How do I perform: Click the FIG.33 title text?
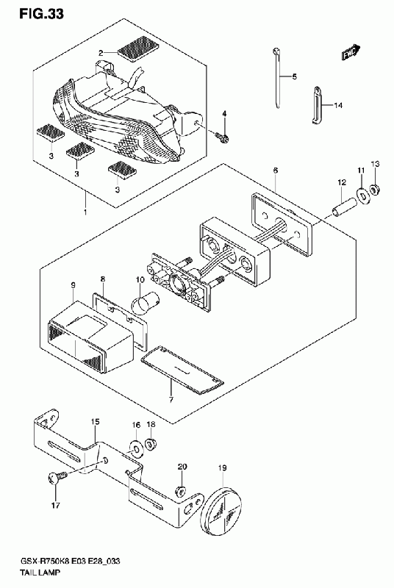click(41, 13)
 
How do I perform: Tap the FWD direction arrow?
click(351, 53)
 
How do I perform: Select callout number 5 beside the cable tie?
click(294, 76)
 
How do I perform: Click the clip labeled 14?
click(318, 104)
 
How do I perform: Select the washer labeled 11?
click(362, 194)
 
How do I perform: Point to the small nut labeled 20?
click(181, 490)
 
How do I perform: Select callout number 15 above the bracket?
click(96, 422)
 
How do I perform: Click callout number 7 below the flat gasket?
click(171, 400)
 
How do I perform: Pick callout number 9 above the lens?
click(73, 286)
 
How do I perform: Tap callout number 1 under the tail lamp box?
click(85, 212)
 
